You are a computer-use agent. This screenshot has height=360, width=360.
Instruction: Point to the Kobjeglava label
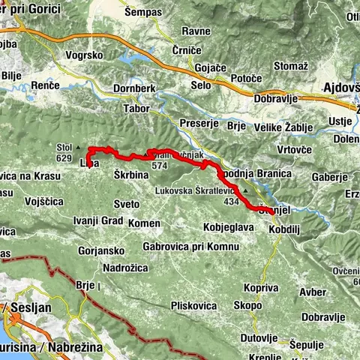[x=229, y=226]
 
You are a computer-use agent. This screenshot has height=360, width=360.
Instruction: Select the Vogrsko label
[x=84, y=55]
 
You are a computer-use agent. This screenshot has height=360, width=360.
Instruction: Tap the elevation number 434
[x=230, y=202]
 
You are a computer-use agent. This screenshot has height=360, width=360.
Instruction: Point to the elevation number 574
[x=158, y=165]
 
